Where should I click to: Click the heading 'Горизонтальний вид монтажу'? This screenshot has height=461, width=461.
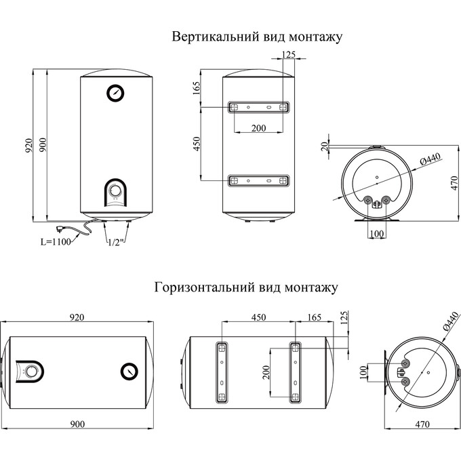[x=246, y=287]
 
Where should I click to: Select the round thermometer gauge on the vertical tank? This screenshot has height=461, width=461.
[x=115, y=94]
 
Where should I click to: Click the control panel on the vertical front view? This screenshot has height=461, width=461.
[x=115, y=195]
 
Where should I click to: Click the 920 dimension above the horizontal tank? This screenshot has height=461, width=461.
[x=76, y=317]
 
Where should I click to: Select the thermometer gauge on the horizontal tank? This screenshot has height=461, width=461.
[x=129, y=370]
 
